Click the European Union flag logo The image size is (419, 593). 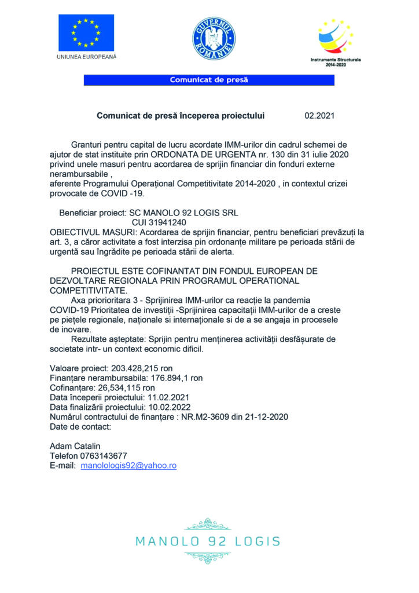click(86, 32)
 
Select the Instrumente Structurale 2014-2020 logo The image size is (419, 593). click(336, 38)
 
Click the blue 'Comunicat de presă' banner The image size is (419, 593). click(209, 80)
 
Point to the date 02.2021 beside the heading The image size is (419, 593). click(319, 116)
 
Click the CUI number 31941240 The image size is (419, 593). click(155, 222)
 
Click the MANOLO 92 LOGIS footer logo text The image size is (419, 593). click(208, 541)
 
